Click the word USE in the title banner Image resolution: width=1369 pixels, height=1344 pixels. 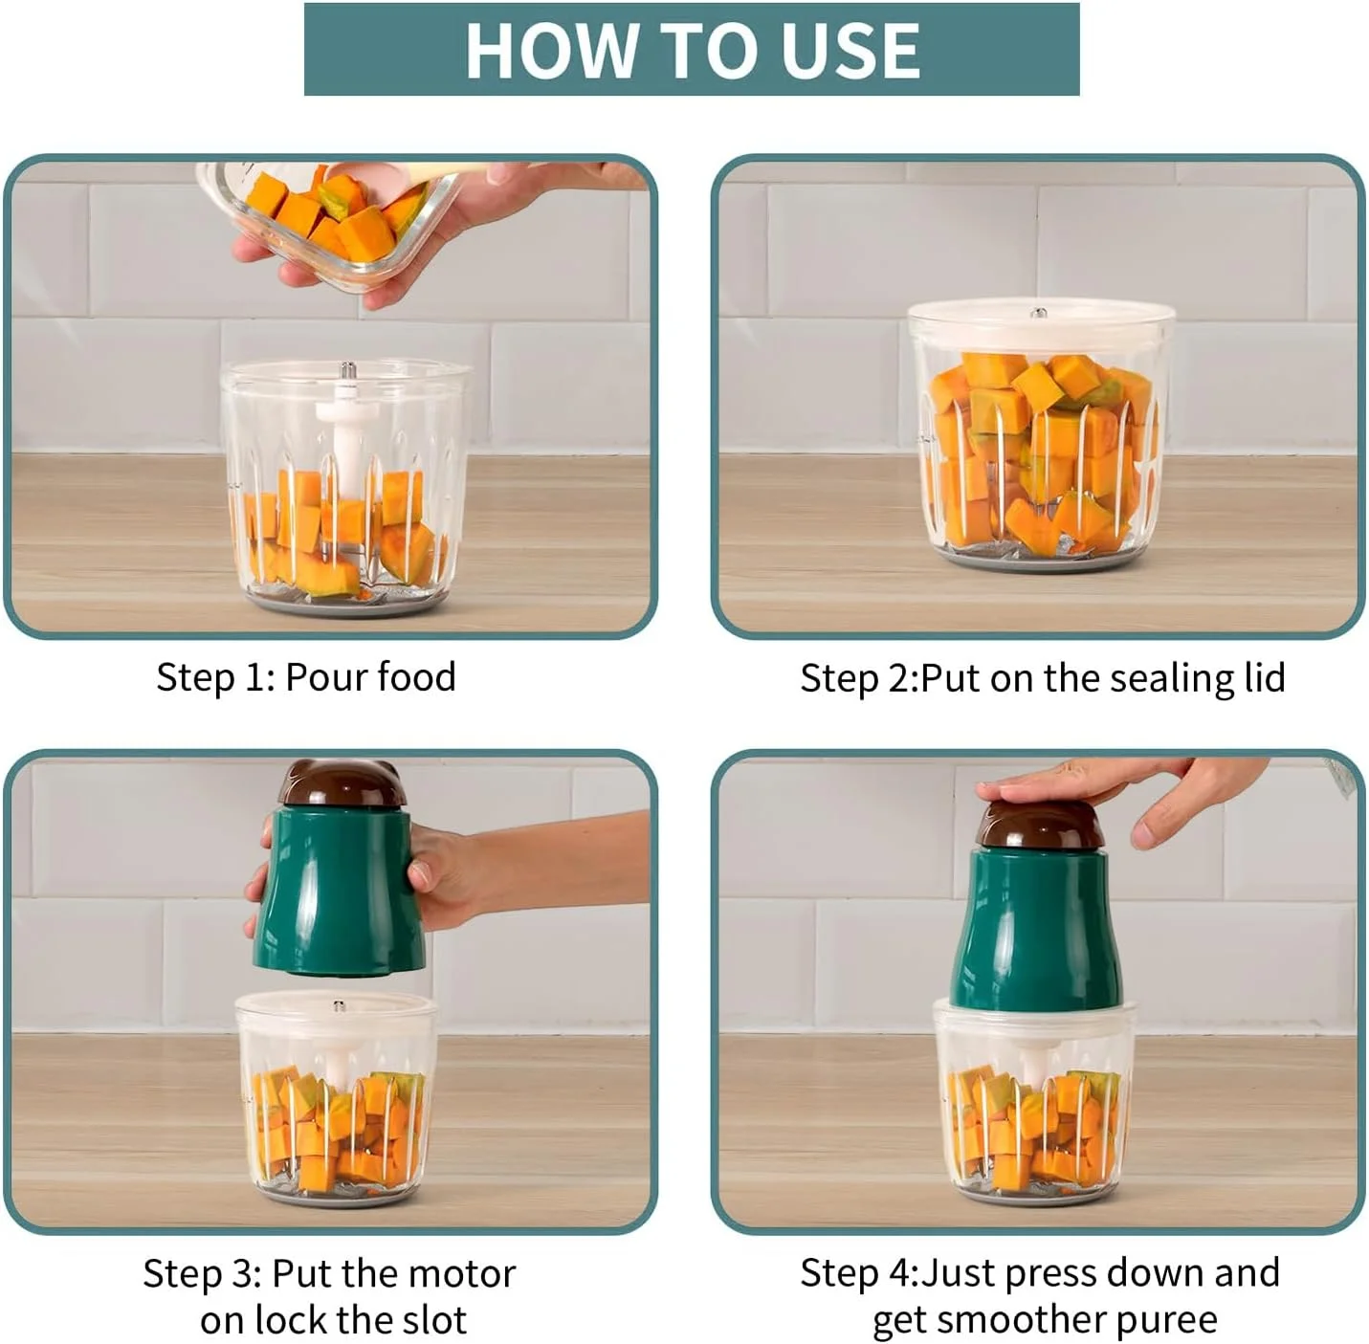(841, 50)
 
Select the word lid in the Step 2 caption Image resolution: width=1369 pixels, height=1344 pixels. (1264, 677)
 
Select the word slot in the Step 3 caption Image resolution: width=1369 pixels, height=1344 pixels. (435, 1320)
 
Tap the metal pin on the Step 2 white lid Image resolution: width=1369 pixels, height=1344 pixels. (1039, 313)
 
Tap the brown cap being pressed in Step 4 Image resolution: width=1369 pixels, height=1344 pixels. (1039, 826)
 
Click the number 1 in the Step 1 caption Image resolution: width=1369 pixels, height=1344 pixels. (254, 677)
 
